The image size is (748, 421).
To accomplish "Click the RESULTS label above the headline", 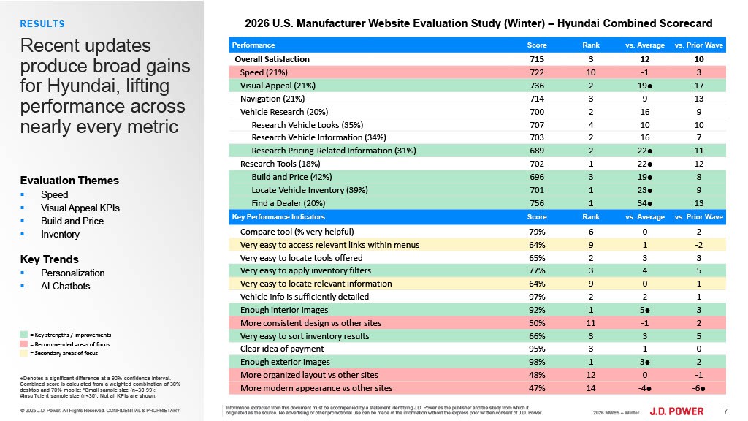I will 42,24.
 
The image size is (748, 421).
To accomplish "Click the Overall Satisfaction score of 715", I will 536,59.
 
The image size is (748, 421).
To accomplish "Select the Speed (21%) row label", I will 264,72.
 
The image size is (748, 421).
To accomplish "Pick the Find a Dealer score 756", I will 536,204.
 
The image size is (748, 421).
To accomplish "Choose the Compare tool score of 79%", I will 536,231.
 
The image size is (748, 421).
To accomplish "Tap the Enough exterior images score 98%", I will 536,362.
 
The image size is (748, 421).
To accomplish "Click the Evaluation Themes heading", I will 69,181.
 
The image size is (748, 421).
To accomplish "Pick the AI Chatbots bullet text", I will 66,286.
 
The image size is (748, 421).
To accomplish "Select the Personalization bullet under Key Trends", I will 73,273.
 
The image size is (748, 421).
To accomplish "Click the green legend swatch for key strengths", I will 24,334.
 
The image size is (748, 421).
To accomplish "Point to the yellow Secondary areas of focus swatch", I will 24,353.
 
